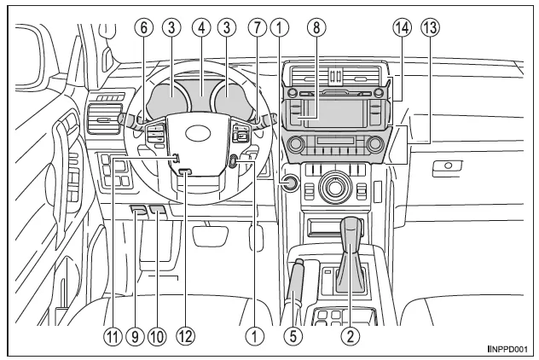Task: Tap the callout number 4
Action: pos(201,26)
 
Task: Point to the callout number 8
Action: pos(316,26)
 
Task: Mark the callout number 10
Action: pos(157,335)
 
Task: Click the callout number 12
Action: pos(185,335)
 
